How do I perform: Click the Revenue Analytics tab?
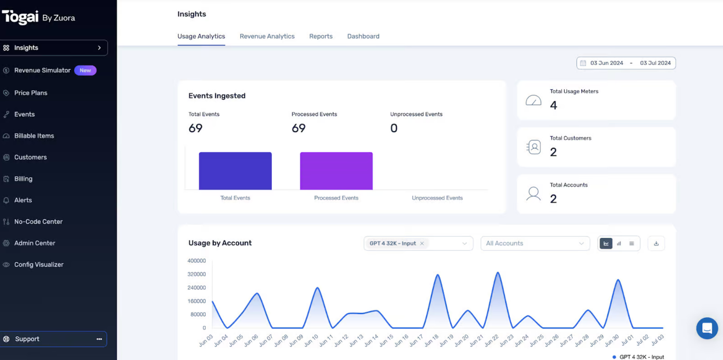pos(267,36)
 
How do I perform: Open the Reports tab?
pos(321,36)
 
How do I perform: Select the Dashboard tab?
pos(363,36)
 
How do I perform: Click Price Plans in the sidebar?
pos(31,93)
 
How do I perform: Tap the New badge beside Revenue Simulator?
pos(85,70)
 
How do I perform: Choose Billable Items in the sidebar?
pos(34,136)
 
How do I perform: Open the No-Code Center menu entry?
pos(38,222)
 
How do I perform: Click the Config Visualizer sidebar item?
pos(39,265)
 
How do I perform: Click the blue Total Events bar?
pos(235,171)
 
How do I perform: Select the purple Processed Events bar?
pos(336,171)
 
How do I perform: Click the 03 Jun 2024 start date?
pos(607,63)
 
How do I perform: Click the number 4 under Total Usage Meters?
pos(553,105)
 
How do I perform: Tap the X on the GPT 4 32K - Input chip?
pos(422,244)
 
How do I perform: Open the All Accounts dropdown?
pos(535,244)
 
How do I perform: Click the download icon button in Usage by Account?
pos(656,244)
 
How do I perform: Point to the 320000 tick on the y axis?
pos(197,274)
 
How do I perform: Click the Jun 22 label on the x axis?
pos(492,340)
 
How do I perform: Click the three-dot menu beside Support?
pos(99,339)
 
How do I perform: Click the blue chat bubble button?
pos(707,328)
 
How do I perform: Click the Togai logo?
pos(20,17)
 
